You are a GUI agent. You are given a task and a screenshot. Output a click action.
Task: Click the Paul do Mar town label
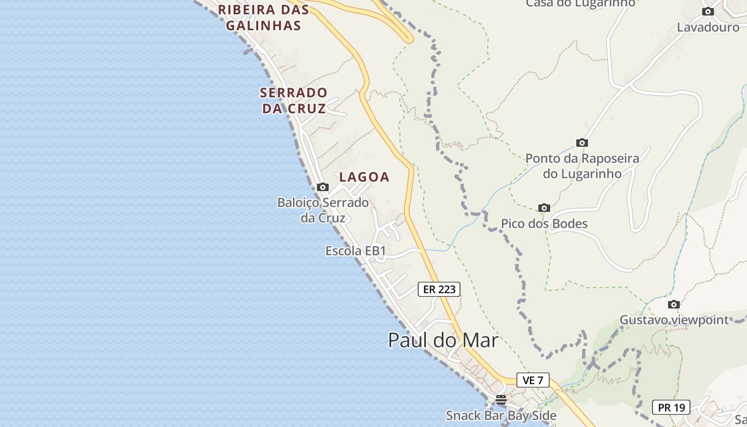[443, 340]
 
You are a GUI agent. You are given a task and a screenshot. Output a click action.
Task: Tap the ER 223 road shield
[439, 289]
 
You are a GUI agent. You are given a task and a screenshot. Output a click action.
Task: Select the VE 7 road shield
[533, 380]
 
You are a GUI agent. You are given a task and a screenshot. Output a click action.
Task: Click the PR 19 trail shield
[671, 407]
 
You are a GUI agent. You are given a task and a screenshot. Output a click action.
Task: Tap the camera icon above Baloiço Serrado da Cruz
[322, 187]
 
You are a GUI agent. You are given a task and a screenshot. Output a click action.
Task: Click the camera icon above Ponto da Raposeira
[582, 143]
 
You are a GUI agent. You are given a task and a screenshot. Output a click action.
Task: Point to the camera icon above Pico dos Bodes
[544, 208]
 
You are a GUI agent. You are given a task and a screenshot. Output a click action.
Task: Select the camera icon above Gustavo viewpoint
[673, 304]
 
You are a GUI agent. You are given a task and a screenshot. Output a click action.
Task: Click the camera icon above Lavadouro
[708, 11]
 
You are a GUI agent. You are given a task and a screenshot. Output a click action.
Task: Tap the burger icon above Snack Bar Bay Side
[500, 399]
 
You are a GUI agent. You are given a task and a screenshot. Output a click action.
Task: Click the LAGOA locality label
[364, 177]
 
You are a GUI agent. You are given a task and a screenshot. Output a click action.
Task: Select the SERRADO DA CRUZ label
[293, 100]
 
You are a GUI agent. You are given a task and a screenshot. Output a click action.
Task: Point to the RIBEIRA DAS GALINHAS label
[263, 17]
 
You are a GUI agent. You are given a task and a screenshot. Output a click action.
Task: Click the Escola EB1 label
[355, 251]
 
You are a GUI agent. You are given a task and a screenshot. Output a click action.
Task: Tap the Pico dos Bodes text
[544, 224]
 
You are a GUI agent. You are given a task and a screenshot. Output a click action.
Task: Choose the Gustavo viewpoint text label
[673, 320]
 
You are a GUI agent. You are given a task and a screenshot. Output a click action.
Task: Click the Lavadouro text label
[708, 27]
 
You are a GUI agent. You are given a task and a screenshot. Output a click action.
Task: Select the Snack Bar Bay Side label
[500, 415]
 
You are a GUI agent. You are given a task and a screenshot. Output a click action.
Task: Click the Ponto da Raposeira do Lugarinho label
[582, 166]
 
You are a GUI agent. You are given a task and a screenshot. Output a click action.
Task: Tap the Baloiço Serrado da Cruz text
[323, 210]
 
